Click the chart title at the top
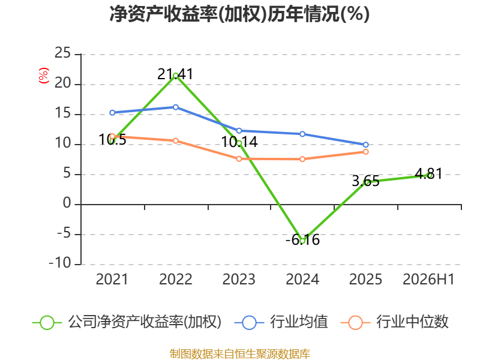239,14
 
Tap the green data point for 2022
176,76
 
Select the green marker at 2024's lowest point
302,241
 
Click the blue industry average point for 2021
112,113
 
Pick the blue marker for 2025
366,145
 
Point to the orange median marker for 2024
302,159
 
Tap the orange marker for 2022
176,141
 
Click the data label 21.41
175,74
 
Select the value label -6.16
303,239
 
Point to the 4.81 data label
428,174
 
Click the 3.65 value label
365,181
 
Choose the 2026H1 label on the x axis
428,279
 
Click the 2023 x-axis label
239,279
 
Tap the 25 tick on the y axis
63,53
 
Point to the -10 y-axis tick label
60,263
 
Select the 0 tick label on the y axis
67,203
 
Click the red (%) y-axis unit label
44,76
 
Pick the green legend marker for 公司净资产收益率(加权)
47,323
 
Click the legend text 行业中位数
412,322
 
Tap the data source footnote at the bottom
240,354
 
